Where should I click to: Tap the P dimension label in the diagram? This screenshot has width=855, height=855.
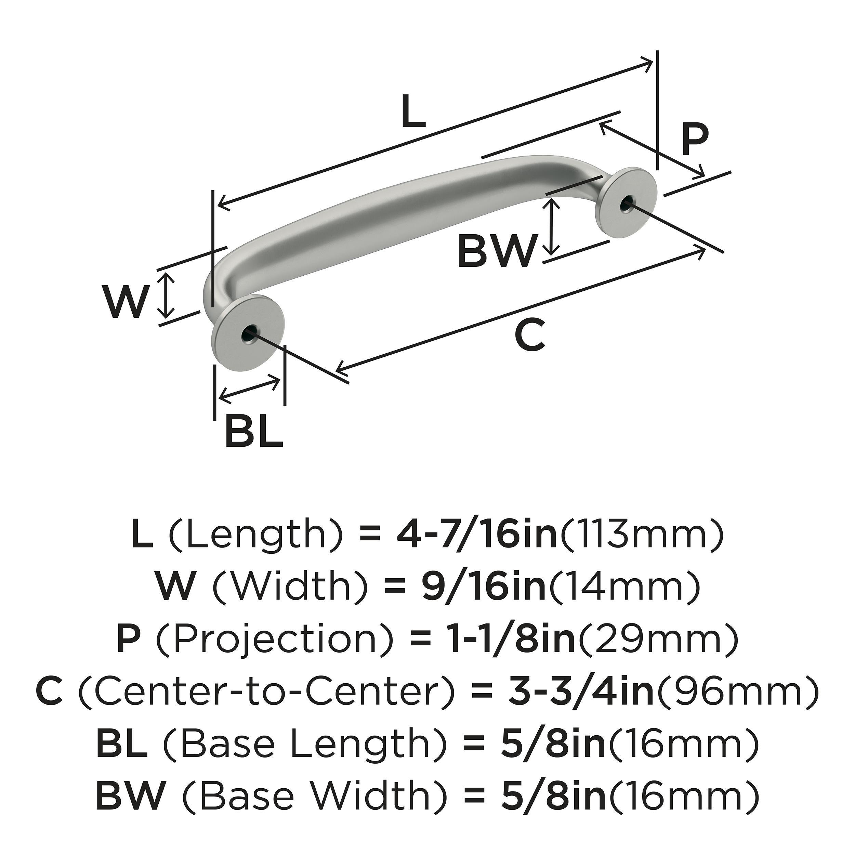click(694, 140)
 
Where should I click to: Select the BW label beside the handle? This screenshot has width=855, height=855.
click(497, 251)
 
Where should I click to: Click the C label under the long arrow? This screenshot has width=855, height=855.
click(530, 335)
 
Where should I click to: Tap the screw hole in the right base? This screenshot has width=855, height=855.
click(626, 203)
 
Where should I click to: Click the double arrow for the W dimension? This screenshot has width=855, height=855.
click(166, 295)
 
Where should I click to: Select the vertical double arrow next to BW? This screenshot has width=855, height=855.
click(551, 227)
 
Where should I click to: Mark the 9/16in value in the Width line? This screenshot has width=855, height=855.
click(483, 588)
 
